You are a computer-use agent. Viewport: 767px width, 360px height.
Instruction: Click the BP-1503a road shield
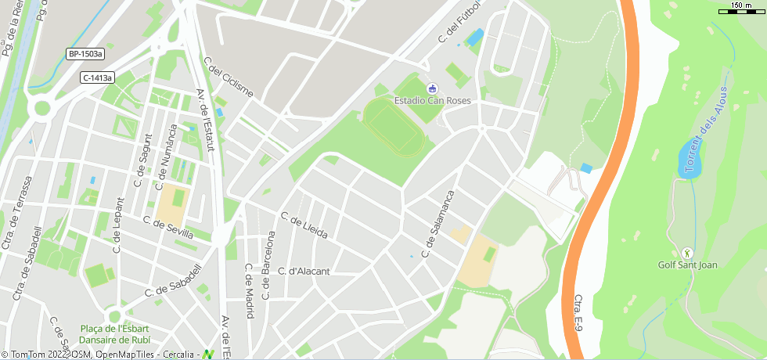pyautogui.click(x=85, y=54)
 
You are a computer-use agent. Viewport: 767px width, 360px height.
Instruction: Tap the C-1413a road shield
pyautogui.click(x=98, y=77)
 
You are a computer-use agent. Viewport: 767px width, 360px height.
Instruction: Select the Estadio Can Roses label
pyautogui.click(x=433, y=100)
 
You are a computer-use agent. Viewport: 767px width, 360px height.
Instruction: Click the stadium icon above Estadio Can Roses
pyautogui.click(x=433, y=88)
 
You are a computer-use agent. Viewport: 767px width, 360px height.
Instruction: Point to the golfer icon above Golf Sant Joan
pyautogui.click(x=687, y=253)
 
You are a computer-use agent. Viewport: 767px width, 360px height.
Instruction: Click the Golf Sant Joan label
pyautogui.click(x=687, y=265)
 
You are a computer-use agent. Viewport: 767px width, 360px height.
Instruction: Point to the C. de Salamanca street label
pyautogui.click(x=438, y=223)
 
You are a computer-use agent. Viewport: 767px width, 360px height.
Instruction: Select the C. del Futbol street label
pyautogui.click(x=459, y=21)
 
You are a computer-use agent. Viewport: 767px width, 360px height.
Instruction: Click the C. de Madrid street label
pyautogui.click(x=249, y=290)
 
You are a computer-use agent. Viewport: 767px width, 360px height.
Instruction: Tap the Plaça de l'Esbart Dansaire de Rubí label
pyautogui.click(x=114, y=334)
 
